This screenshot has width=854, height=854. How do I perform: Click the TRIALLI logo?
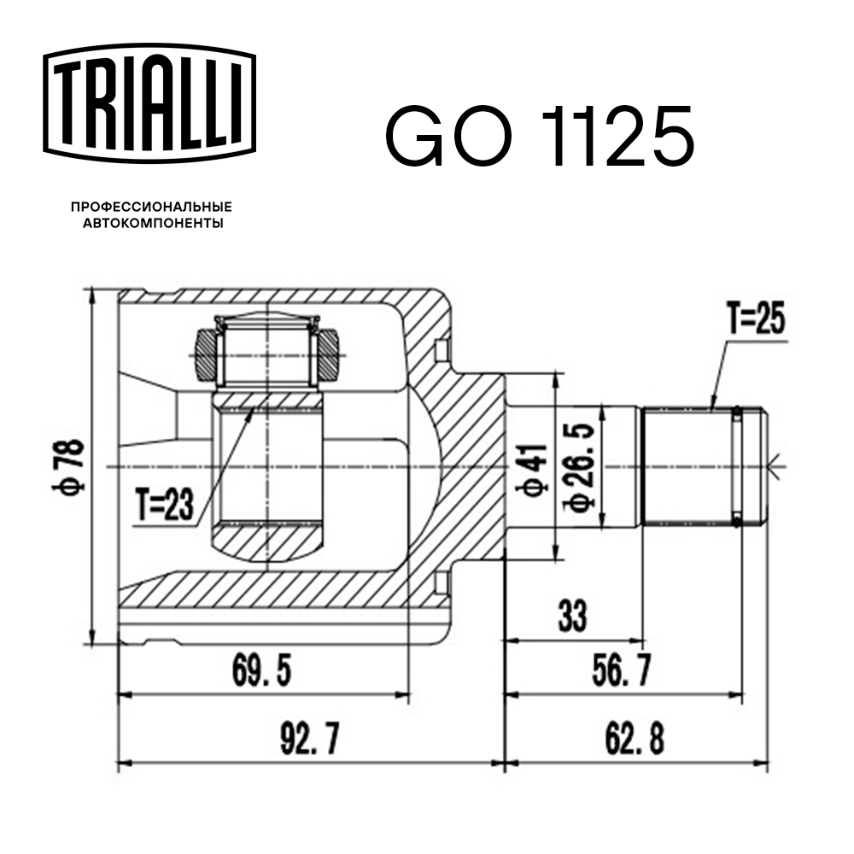click(149, 103)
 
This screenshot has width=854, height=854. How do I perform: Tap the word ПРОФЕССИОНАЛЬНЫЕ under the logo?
click(151, 207)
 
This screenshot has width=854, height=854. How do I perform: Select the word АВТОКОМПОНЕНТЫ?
click(153, 223)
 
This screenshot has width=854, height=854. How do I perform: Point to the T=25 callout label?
click(757, 319)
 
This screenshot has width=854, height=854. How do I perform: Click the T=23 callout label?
click(165, 505)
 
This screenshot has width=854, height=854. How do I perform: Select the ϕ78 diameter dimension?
click(69, 466)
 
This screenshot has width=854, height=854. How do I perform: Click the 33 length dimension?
click(572, 616)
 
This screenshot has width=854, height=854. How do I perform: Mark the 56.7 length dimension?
click(621, 670)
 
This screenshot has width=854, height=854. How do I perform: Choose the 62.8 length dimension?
click(635, 739)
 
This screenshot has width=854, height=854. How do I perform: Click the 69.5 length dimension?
click(262, 670)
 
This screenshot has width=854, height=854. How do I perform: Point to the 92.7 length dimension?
click(310, 739)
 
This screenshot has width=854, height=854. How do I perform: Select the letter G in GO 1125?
click(416, 137)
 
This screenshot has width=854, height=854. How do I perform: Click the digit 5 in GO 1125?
click(670, 137)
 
